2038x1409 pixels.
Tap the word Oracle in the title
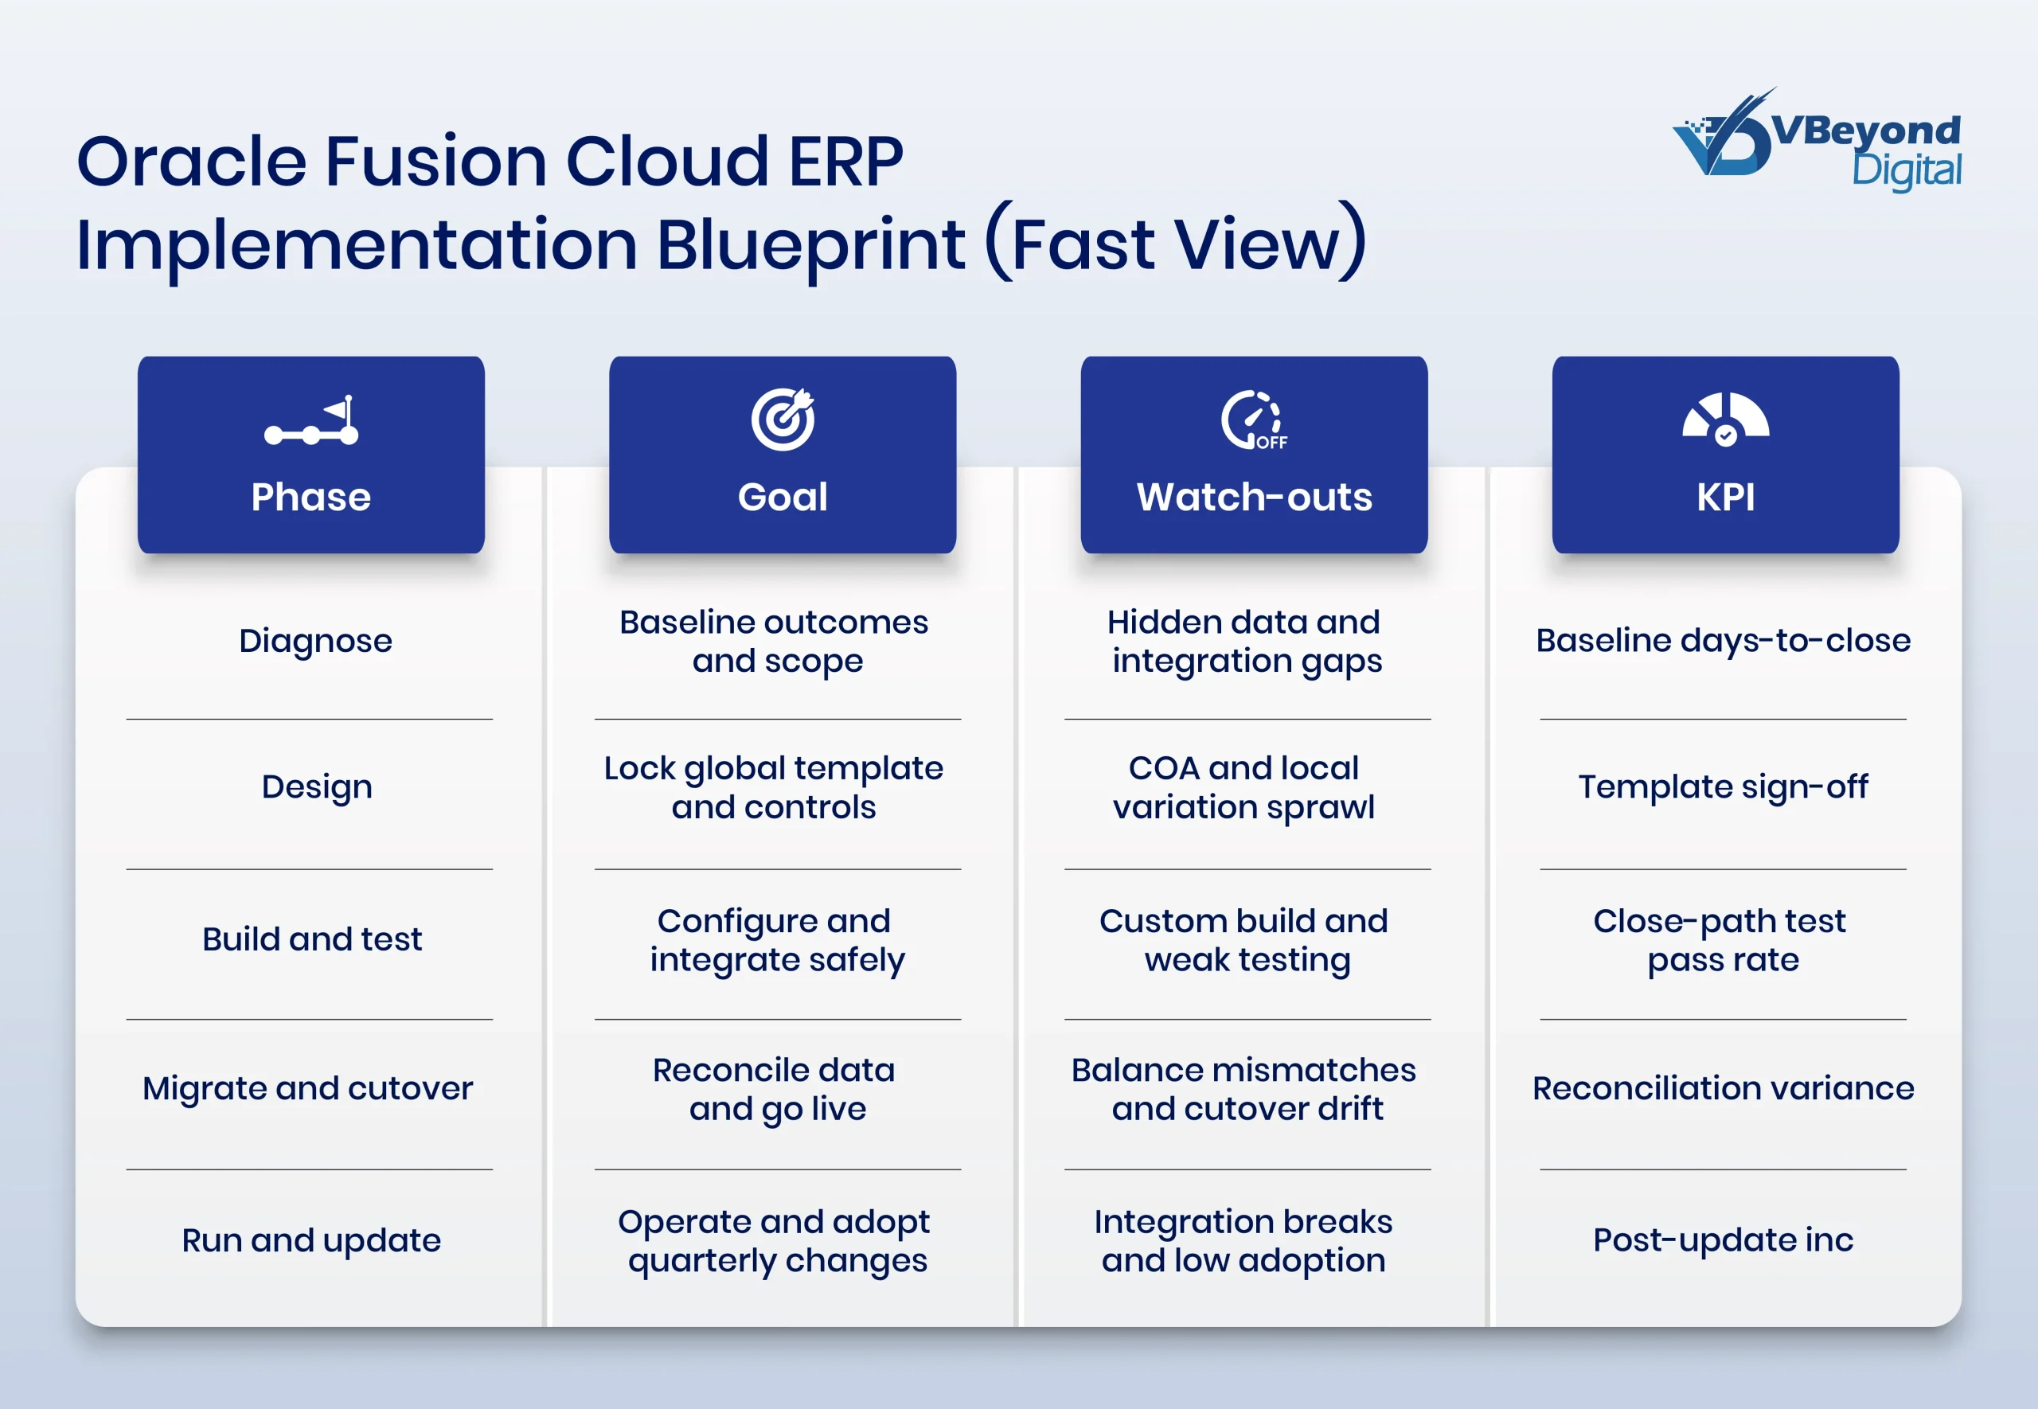(x=190, y=162)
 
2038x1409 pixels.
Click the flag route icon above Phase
(x=311, y=421)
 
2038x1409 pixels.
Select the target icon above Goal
(x=783, y=420)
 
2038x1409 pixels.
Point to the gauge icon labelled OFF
(x=1253, y=420)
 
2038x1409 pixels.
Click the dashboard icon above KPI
(x=1726, y=420)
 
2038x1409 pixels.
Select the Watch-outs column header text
(x=1254, y=497)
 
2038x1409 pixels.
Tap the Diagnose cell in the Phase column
(x=315, y=641)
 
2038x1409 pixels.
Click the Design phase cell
(x=316, y=786)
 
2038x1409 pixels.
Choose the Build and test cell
(x=311, y=939)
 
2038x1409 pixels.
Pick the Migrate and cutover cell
(x=307, y=1088)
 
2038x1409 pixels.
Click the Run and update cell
(x=310, y=1240)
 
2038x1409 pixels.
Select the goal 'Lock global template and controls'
(x=774, y=787)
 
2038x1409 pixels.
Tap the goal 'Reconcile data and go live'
(x=774, y=1090)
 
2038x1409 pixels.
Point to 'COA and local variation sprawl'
(x=1243, y=787)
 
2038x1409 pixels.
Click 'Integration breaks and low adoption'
(x=1243, y=1240)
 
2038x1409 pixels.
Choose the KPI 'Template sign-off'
(x=1723, y=786)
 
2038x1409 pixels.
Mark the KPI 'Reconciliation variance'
(x=1723, y=1088)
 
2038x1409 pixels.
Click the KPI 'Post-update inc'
(x=1723, y=1240)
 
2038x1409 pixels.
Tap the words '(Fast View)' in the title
(x=1174, y=244)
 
